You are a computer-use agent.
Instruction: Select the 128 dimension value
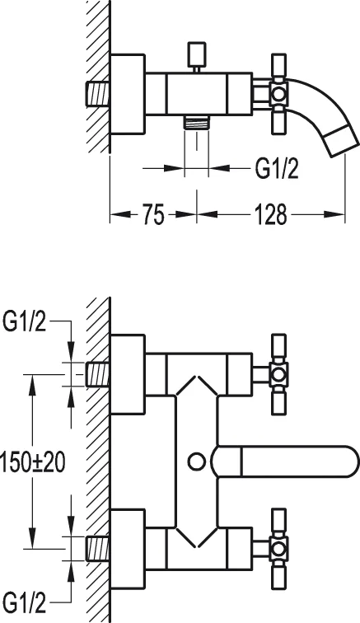pyautogui.click(x=270, y=216)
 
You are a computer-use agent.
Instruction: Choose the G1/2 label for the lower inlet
pyautogui.click(x=26, y=599)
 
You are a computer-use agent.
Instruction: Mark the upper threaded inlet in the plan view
pyautogui.click(x=96, y=374)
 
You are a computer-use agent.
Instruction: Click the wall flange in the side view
pyautogui.click(x=128, y=94)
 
